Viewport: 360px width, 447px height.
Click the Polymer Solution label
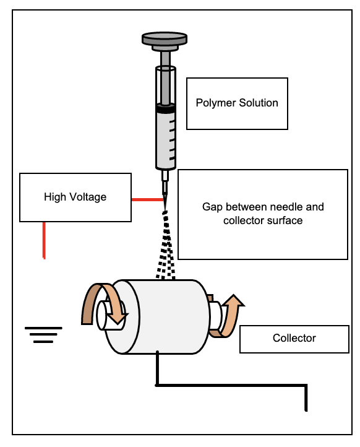tap(237, 103)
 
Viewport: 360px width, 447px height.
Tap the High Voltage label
tap(75, 197)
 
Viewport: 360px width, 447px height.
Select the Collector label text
tap(294, 338)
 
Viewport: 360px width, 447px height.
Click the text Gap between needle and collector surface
tap(263, 213)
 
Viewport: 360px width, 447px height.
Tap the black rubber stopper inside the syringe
tap(165, 109)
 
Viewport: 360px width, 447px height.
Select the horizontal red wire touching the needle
tap(148, 199)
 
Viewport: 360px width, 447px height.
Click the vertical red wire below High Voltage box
tap(44, 240)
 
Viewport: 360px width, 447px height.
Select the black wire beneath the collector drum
tap(229, 385)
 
